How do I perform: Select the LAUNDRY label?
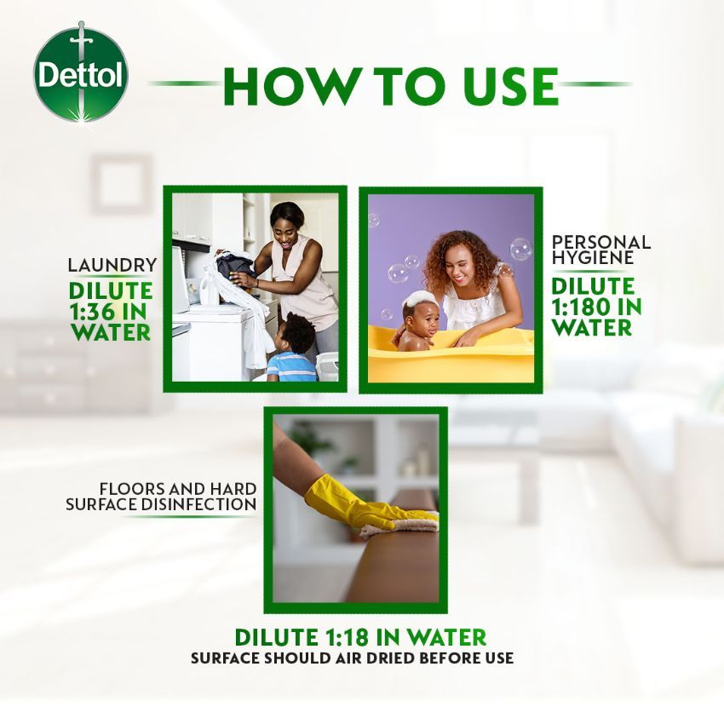click(112, 265)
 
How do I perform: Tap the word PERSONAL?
click(601, 242)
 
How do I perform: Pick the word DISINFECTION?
click(198, 504)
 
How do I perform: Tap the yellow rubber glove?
click(365, 506)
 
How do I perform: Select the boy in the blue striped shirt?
click(293, 348)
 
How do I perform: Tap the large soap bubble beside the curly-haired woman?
click(520, 249)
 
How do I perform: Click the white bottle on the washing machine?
click(209, 287)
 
